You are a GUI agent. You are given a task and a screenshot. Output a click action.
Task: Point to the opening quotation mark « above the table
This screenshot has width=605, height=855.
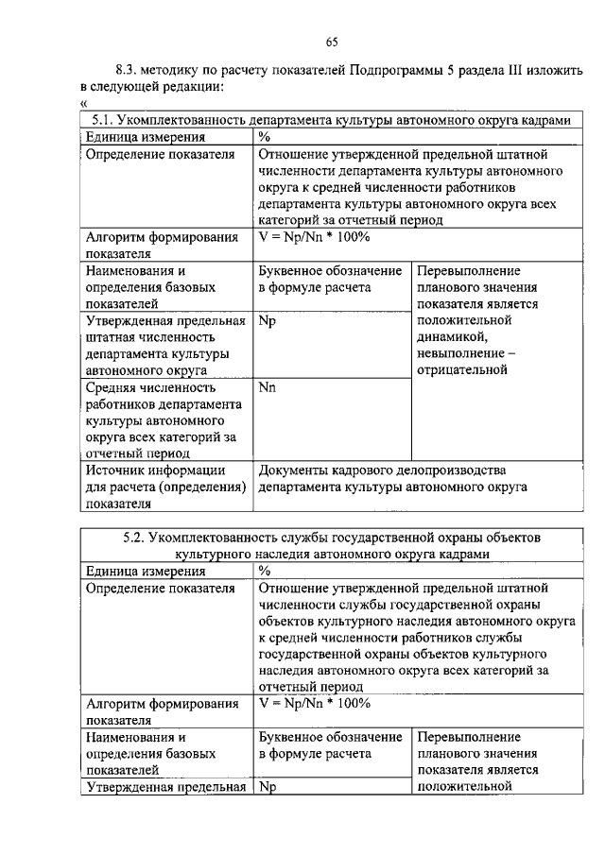pos(84,103)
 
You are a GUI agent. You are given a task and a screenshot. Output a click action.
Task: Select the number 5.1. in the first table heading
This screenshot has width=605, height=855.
pos(103,121)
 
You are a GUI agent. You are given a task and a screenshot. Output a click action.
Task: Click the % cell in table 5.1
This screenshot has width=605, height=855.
pos(264,137)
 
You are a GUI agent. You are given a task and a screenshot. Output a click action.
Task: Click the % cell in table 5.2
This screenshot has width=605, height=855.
pos(264,571)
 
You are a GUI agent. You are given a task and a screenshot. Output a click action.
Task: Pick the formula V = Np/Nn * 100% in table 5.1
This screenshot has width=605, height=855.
pos(313,238)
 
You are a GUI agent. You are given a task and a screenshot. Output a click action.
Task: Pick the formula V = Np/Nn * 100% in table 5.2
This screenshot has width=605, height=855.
pos(313,703)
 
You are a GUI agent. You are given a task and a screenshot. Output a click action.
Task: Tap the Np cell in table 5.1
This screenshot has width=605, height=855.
pos(266,321)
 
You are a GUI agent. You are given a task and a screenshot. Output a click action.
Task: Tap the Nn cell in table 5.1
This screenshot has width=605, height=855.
pos(266,387)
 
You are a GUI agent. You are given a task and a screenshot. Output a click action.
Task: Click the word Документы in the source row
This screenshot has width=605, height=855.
pos(289,470)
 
